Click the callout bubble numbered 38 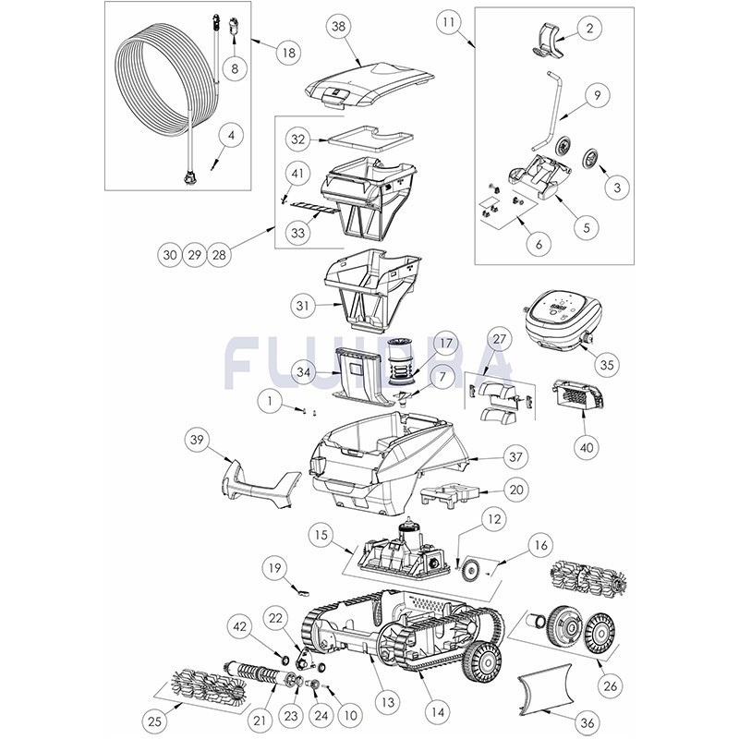[x=338, y=27]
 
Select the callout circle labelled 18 [x=289, y=53]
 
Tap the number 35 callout [x=607, y=364]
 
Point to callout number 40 [x=587, y=447]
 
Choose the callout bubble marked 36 [x=587, y=721]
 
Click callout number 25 [x=155, y=721]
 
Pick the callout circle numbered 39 [x=197, y=440]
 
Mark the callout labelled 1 [x=270, y=401]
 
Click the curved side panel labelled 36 [x=546, y=689]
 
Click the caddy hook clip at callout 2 [x=549, y=40]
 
